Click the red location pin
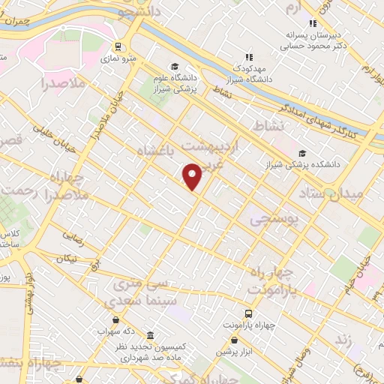193,176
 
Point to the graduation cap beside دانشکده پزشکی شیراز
301,153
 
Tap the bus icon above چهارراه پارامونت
248,313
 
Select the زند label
344,340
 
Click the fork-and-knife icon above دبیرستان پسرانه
313,23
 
